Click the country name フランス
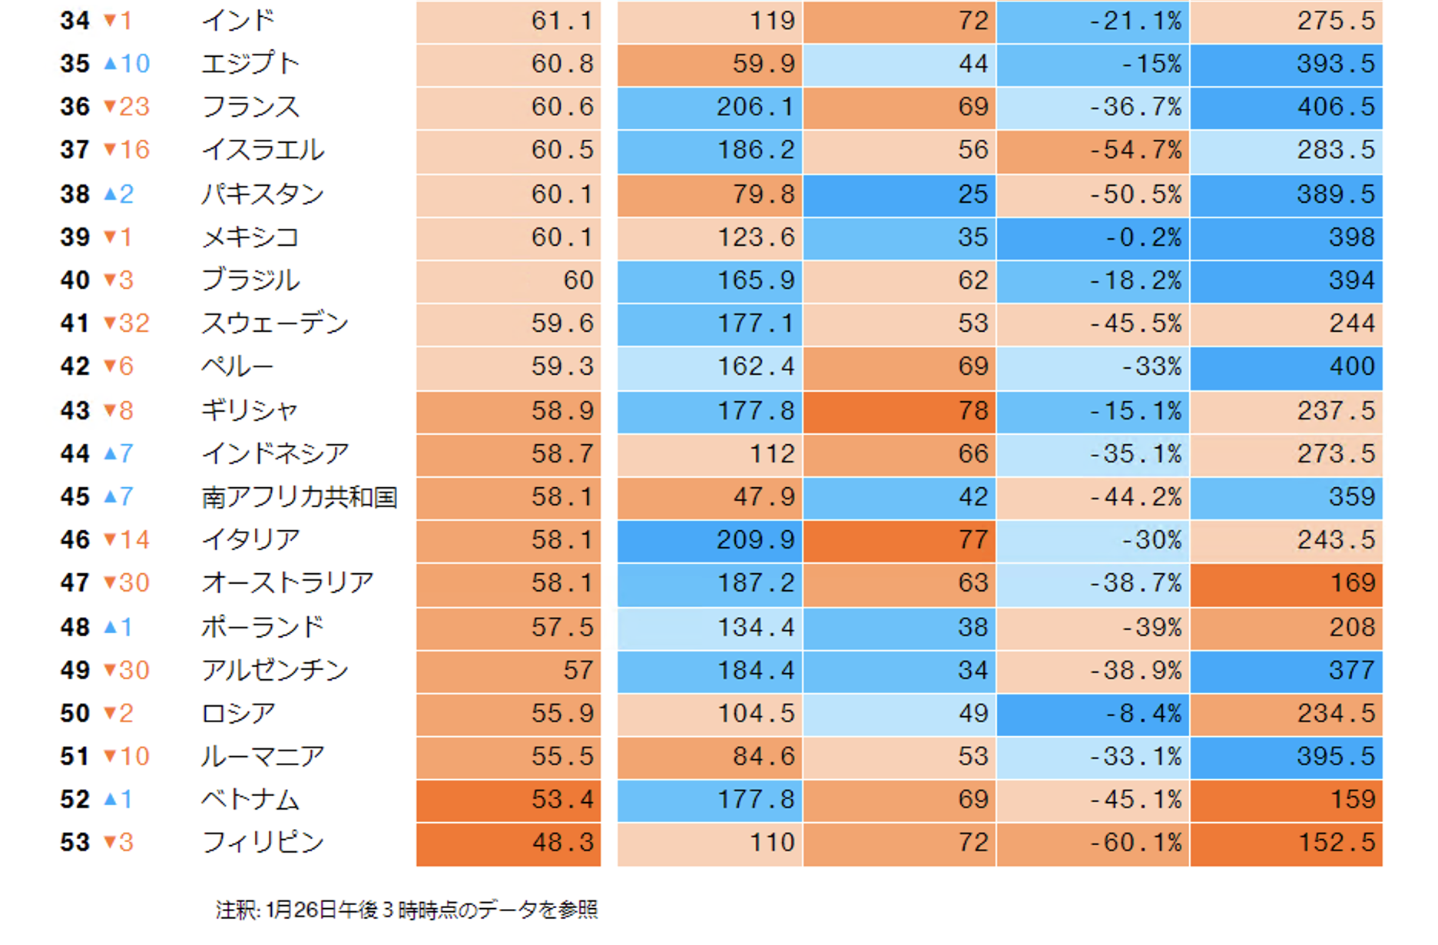250,107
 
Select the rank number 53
75,843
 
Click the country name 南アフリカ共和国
299,497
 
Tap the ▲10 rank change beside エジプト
127,64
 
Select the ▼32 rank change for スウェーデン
127,323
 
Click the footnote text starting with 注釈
406,910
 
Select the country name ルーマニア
263,757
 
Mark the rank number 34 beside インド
75,21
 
